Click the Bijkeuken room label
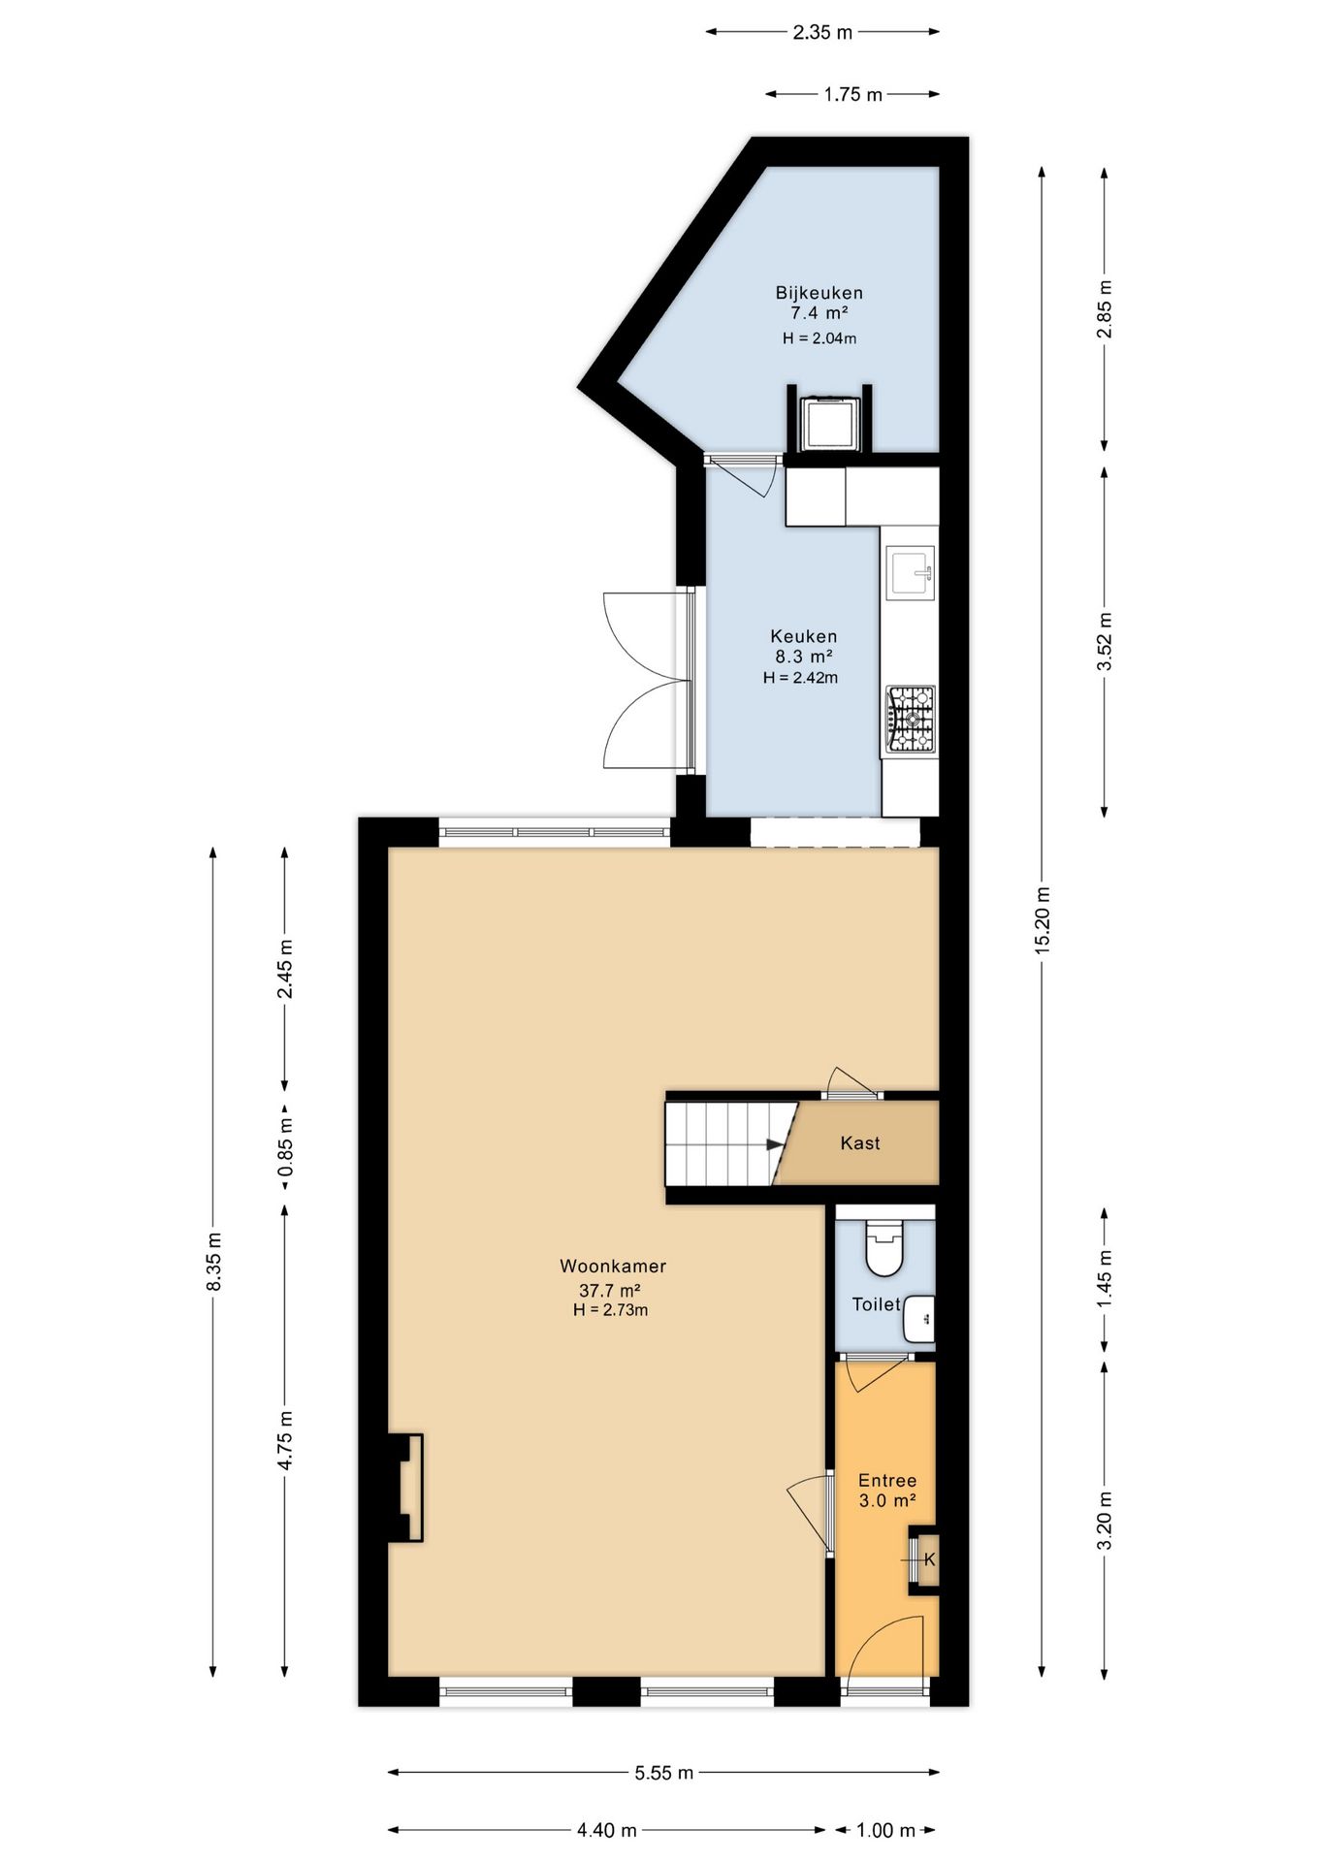point(819,293)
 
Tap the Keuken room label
point(803,636)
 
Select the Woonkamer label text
point(613,1266)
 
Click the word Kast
point(860,1142)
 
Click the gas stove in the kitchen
point(910,720)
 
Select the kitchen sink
point(911,574)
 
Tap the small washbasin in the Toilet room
point(919,1318)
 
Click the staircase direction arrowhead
point(776,1144)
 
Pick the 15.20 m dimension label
point(1043,920)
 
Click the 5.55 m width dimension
point(664,1773)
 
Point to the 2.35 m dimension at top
point(822,32)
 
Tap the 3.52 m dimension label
point(1104,642)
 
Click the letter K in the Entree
point(929,1559)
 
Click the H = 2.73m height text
point(610,1310)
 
